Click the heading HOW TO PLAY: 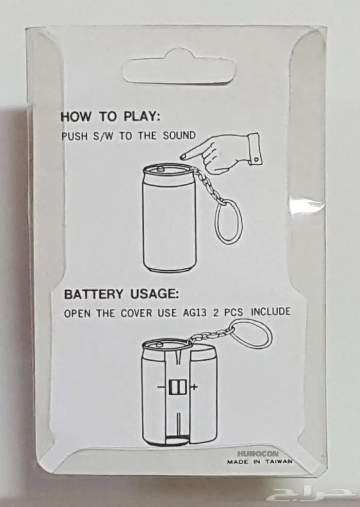110,117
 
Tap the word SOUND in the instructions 179,135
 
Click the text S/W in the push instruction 102,136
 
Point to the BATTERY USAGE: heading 121,294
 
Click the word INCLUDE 271,311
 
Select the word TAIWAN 279,461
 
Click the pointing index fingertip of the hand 182,157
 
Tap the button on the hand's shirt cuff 256,160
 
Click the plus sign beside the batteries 194,387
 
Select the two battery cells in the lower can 178,387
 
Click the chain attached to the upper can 207,184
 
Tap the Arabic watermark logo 310,491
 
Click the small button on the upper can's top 160,168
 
